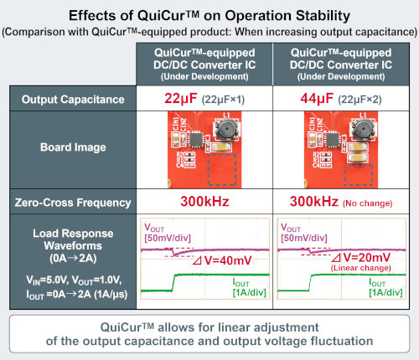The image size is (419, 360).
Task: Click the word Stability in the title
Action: (323, 16)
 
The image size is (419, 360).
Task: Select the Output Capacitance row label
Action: (73, 100)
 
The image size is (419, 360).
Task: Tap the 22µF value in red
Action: (180, 99)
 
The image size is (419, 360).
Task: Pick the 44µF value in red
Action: (317, 99)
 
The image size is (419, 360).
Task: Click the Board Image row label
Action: (73, 147)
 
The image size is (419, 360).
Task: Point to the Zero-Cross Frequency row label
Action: (73, 203)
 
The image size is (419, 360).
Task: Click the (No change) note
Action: (368, 203)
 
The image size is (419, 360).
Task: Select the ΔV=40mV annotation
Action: (222, 260)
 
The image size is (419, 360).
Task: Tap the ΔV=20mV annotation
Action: (360, 257)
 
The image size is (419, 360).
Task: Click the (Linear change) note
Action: (360, 268)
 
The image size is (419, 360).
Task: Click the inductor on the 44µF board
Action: (363, 129)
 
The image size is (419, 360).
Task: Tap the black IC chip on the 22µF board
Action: (197, 139)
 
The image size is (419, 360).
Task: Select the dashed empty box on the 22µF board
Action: (222, 170)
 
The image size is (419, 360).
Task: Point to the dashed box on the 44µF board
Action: (359, 175)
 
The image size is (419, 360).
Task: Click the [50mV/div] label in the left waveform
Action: (168, 238)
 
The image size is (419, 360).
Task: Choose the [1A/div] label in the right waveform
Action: (385, 292)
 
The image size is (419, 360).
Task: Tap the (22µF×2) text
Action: (360, 100)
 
